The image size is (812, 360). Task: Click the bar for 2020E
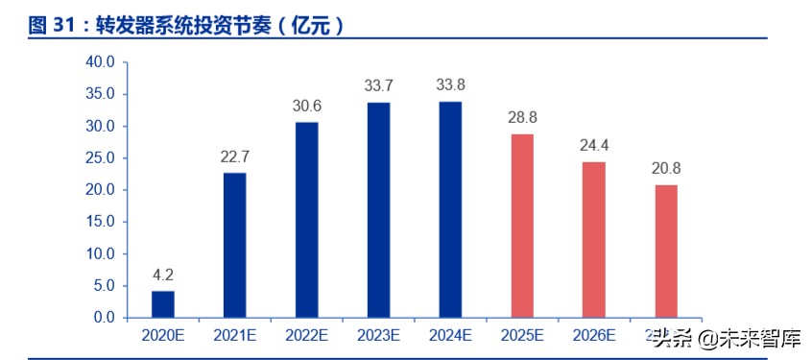click(x=163, y=303)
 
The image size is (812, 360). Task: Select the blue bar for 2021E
click(x=234, y=245)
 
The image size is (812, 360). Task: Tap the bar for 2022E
click(x=306, y=220)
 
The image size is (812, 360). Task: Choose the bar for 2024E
click(x=450, y=209)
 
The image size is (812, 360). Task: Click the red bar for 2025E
click(x=522, y=226)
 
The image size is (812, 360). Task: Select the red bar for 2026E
click(x=594, y=239)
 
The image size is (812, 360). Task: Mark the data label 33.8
click(x=450, y=84)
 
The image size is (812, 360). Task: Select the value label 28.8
click(x=522, y=116)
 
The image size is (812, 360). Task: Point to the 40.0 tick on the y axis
click(x=100, y=62)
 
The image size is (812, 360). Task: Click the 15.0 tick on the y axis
click(x=100, y=222)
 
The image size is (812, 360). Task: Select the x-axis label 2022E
click(x=306, y=336)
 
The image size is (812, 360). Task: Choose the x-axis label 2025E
click(x=522, y=336)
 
